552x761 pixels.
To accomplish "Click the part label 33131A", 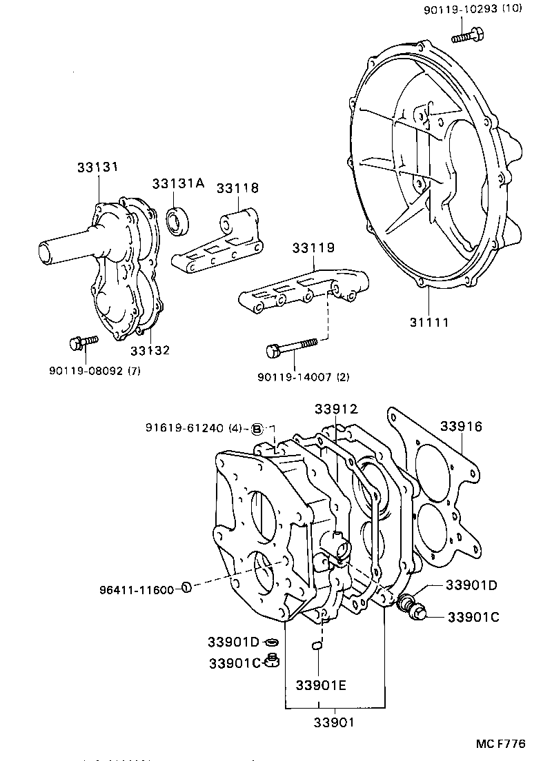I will pos(178,183).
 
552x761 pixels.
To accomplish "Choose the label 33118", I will pos(237,187).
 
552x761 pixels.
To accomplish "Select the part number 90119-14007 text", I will pos(303,376).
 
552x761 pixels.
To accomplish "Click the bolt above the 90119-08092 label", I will pos(81,341).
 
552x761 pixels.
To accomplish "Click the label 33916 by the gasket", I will pos(460,427).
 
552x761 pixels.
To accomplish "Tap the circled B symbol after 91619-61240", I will pos(256,428).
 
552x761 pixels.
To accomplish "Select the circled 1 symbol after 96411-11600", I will pos(186,587).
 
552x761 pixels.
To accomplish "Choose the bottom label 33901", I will pos(335,722).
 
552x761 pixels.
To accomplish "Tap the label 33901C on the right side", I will pos(473,616).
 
